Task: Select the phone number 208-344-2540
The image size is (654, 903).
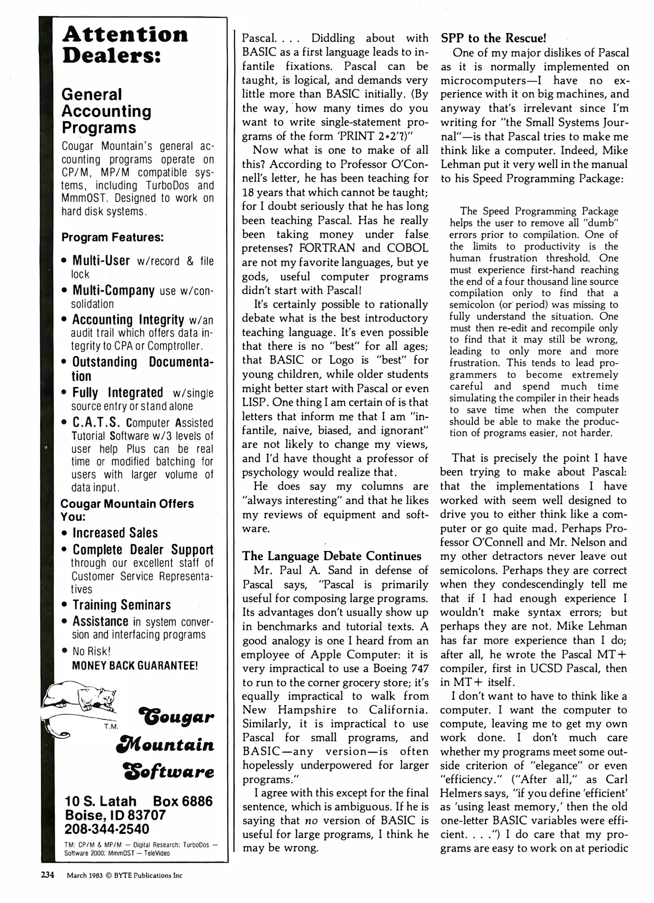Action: click(107, 829)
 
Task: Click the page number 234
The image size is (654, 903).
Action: click(48, 875)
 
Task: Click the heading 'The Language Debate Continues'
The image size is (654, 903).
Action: click(332, 556)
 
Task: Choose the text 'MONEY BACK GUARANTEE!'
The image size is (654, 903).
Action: click(135, 665)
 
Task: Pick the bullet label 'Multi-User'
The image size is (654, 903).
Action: click(101, 260)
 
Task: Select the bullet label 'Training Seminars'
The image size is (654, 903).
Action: click(122, 605)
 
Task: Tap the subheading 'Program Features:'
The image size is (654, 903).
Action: click(112, 237)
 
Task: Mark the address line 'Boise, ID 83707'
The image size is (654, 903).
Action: click(115, 815)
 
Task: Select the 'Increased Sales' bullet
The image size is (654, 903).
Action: click(115, 533)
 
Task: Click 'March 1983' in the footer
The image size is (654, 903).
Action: click(82, 875)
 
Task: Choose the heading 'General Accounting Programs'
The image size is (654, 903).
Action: click(106, 111)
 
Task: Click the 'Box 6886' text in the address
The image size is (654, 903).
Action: click(183, 801)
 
